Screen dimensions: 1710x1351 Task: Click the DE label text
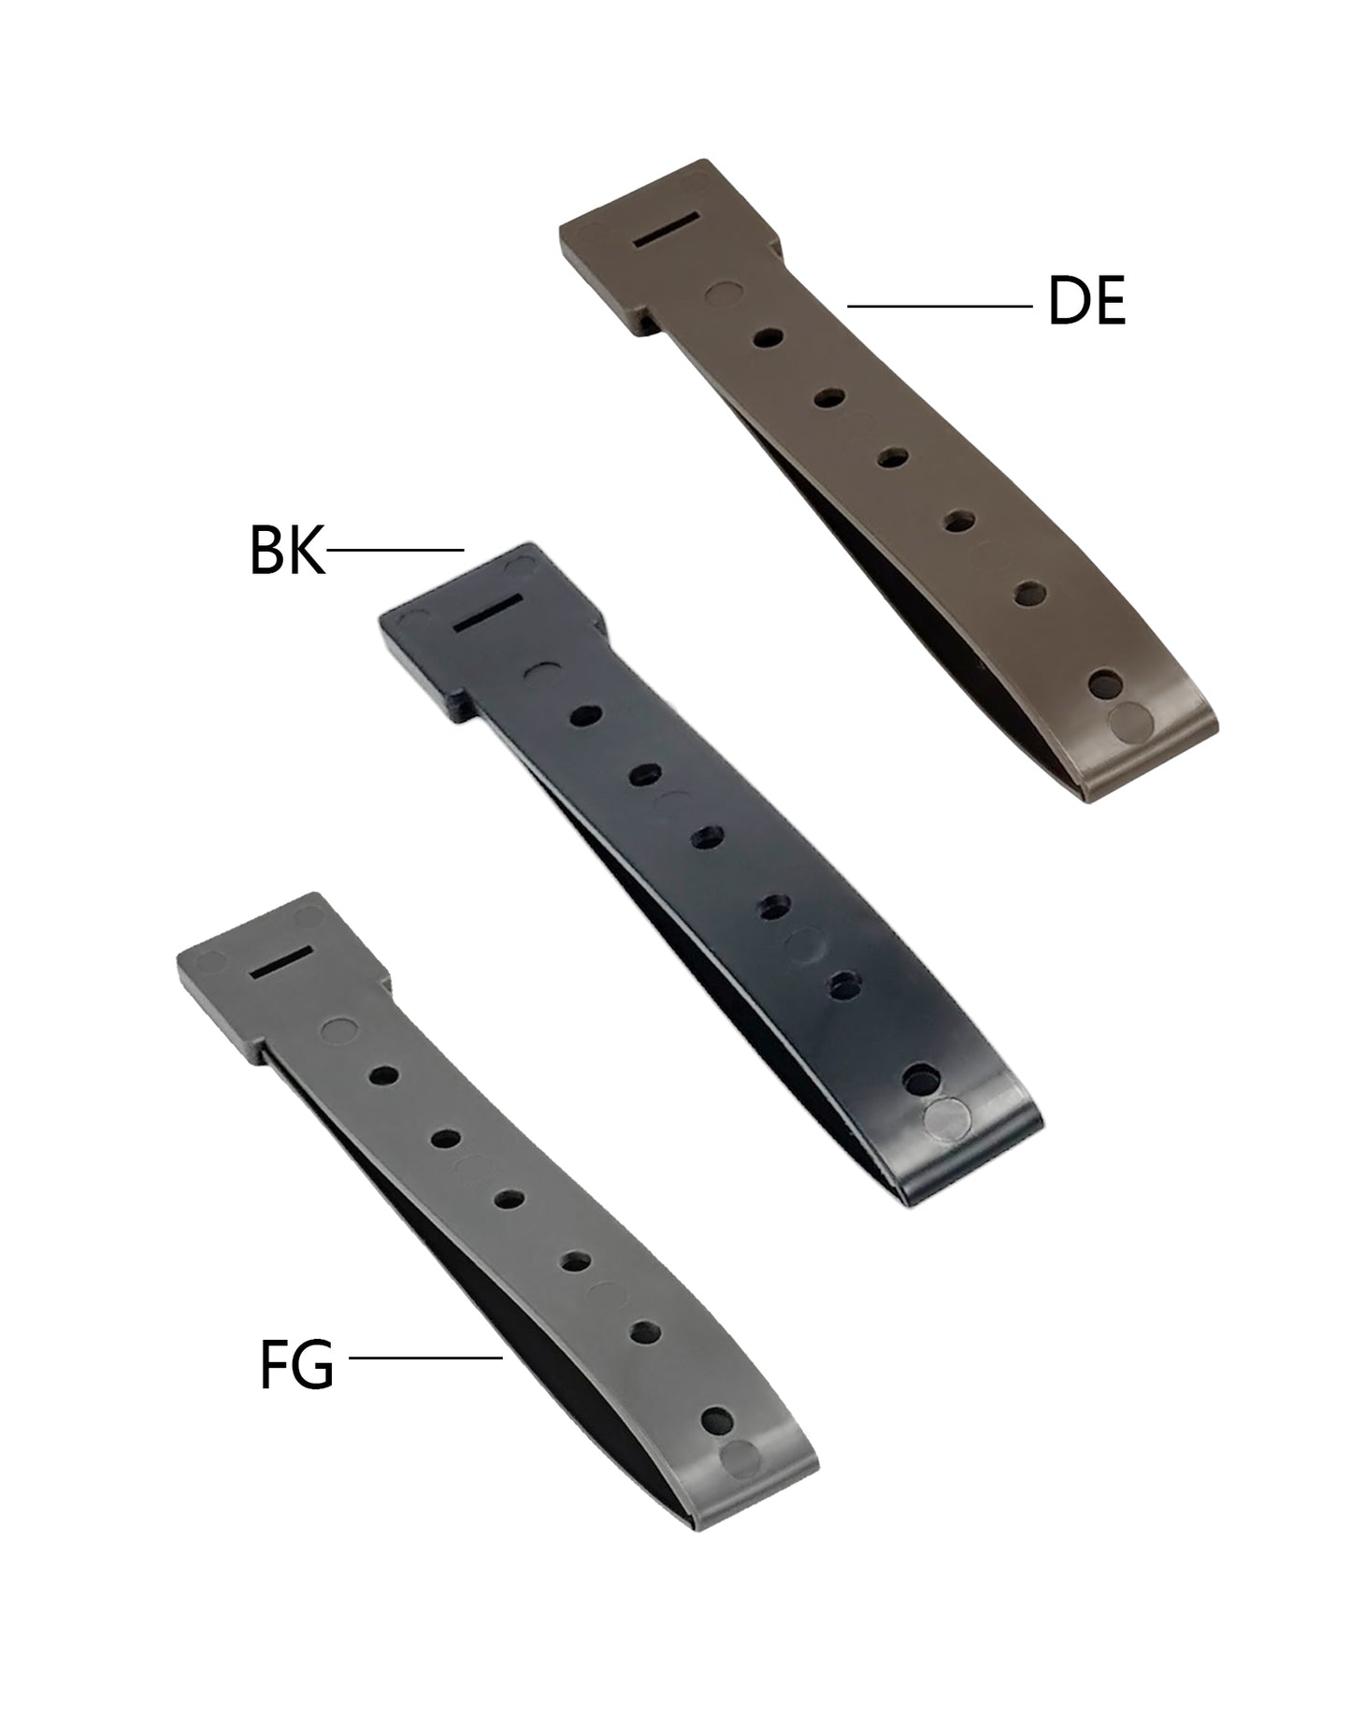tap(1086, 301)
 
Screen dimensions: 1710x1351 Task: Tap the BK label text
tap(287, 552)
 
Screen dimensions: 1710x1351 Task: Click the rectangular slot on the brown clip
tap(666, 230)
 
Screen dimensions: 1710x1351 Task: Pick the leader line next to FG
tap(425, 1357)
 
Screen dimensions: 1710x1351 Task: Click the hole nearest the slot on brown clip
tap(768, 337)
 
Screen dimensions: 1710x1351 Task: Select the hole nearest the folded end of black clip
tap(922, 1080)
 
